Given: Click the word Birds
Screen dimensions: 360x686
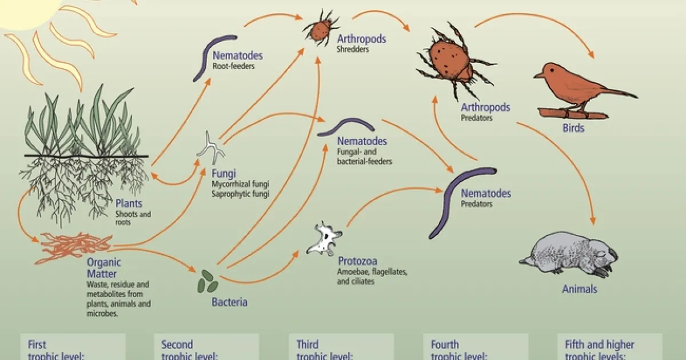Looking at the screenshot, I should [x=572, y=128].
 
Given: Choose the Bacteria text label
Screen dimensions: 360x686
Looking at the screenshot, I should [x=229, y=302].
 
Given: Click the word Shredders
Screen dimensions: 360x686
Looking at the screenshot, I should [x=353, y=49].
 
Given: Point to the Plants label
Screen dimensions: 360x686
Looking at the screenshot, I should [x=129, y=203].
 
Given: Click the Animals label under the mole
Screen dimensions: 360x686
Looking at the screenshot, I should [x=579, y=289].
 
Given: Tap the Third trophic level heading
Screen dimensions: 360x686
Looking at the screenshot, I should [x=324, y=350].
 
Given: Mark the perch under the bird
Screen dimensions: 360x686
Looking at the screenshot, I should [x=572, y=113].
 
